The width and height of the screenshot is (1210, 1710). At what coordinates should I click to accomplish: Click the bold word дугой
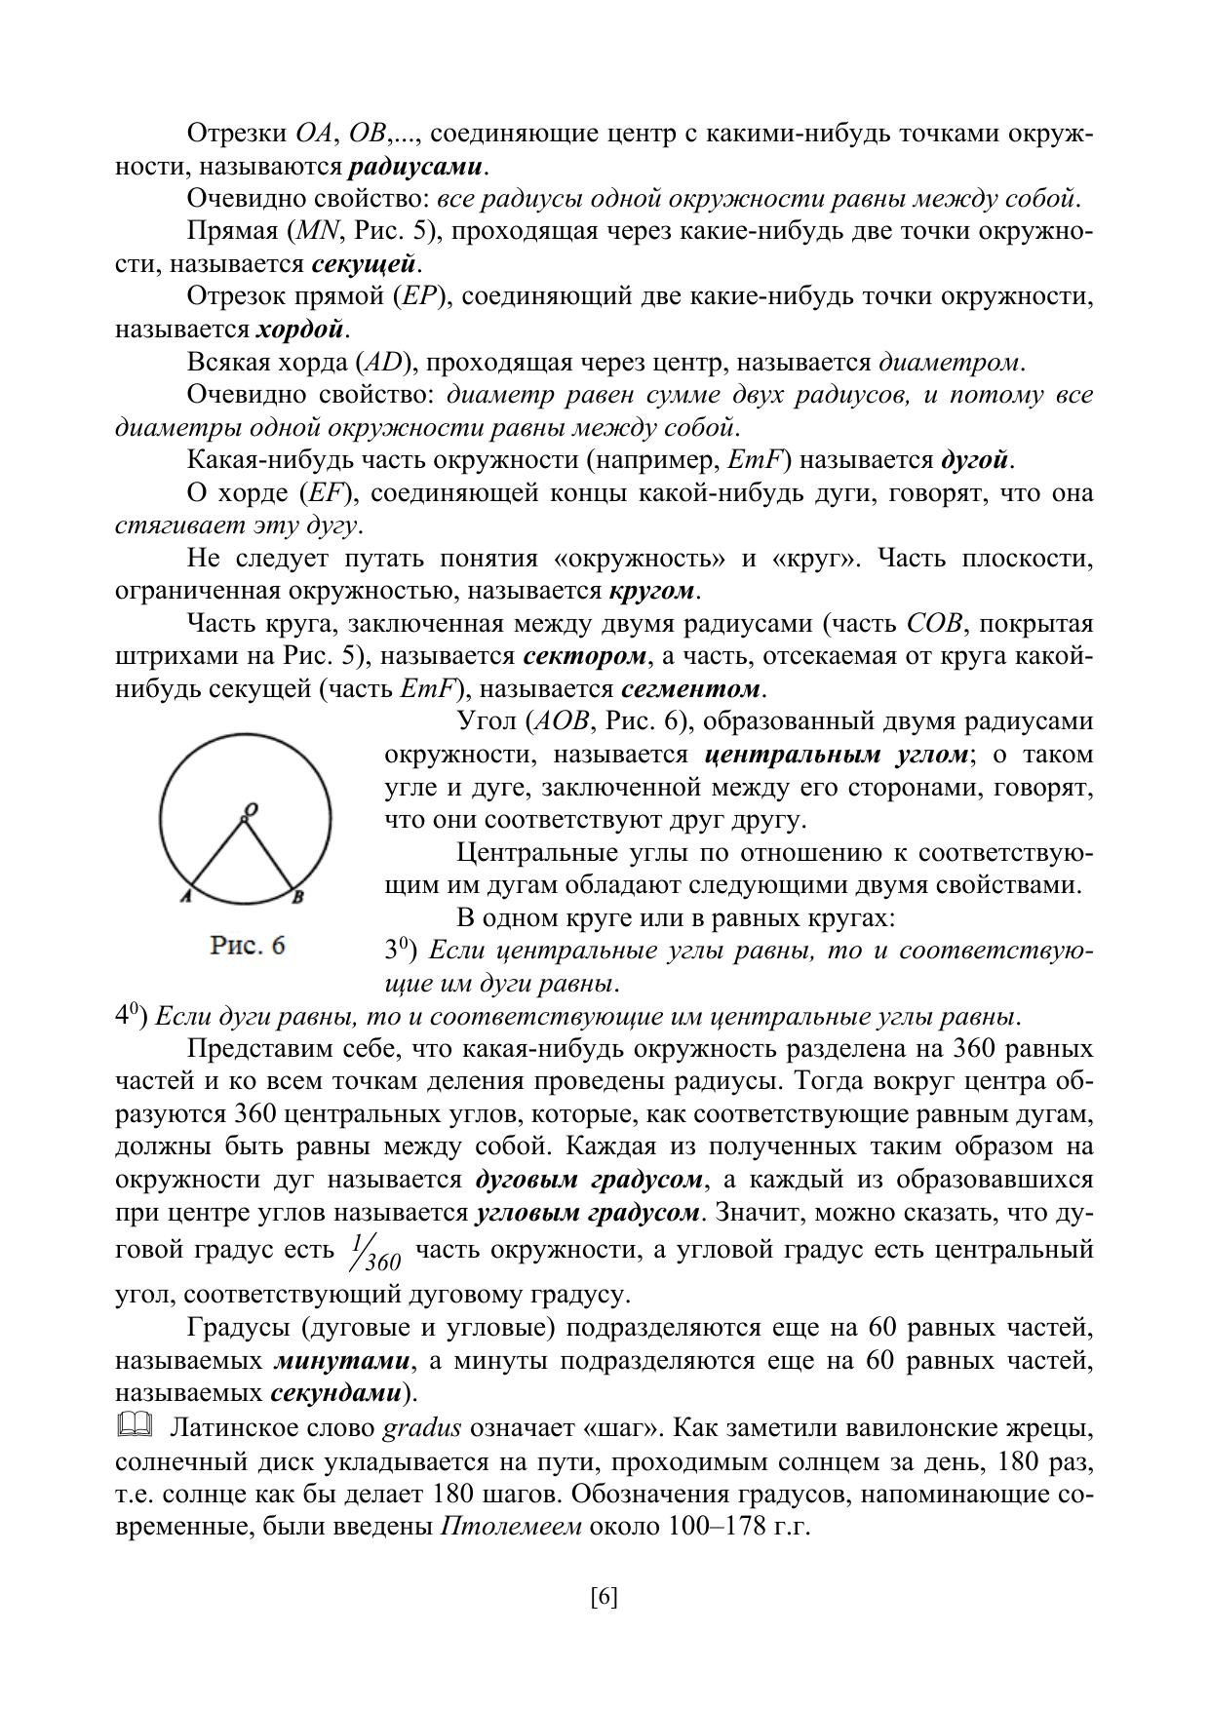point(974,459)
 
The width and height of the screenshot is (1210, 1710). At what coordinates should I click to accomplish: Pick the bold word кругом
point(652,591)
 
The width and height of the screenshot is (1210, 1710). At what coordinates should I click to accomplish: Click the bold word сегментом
point(690,688)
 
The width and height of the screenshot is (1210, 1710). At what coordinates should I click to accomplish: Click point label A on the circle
point(184,897)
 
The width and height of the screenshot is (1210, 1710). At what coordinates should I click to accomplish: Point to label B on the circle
point(298,897)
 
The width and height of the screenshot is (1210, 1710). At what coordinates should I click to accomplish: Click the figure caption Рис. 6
point(249,946)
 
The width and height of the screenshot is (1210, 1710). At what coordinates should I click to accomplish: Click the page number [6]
point(605,1598)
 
